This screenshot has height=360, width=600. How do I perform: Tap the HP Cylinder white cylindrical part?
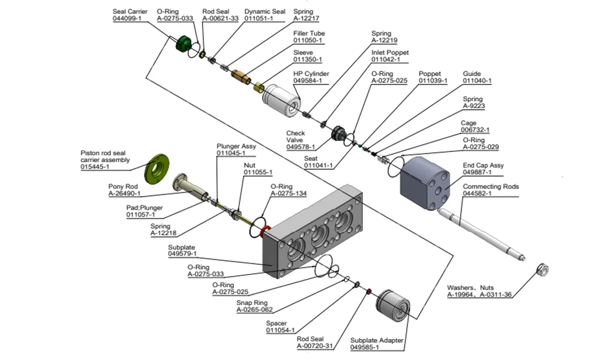[281, 98]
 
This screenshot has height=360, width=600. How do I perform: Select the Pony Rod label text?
[124, 187]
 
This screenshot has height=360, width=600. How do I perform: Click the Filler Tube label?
[309, 34]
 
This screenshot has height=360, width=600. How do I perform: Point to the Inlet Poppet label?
[390, 52]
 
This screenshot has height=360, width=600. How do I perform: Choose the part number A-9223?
[473, 106]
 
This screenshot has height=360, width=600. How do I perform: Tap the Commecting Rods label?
[491, 187]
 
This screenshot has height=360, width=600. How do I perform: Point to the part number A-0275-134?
[289, 194]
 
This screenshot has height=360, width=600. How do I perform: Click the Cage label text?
[469, 123]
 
